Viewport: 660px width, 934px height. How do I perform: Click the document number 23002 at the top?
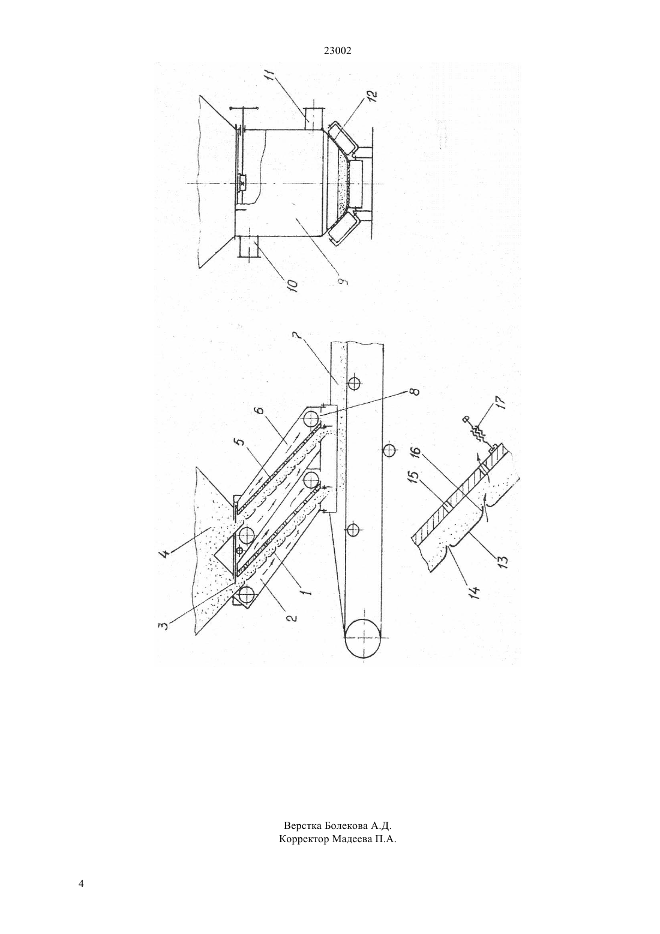337,51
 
